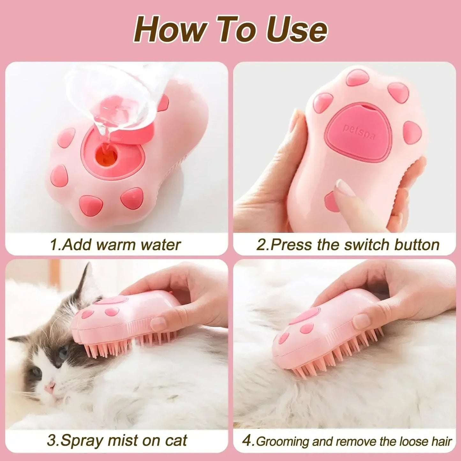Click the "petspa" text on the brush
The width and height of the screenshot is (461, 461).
point(359,132)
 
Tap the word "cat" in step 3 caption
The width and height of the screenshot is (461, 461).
point(176,441)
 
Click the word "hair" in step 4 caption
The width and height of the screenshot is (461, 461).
point(442,442)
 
